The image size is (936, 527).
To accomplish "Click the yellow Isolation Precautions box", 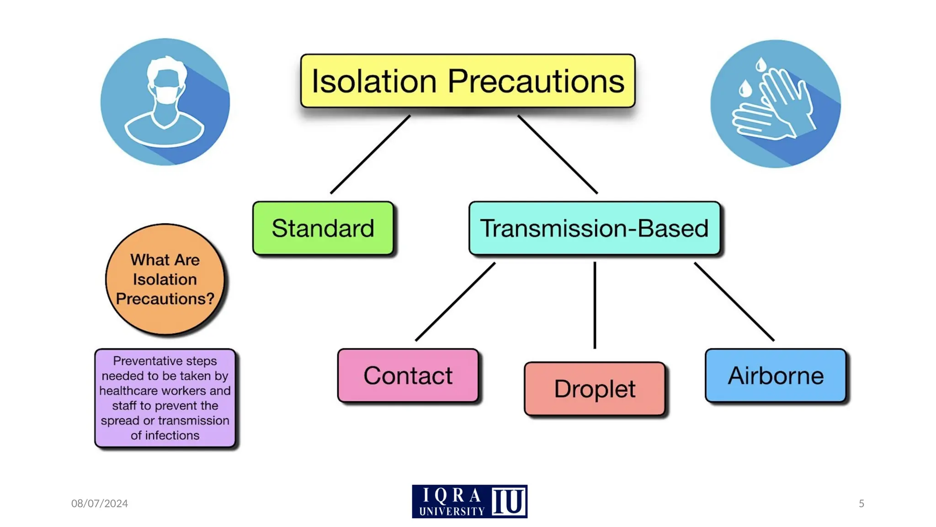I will click(x=468, y=81).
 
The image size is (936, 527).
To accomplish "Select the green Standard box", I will click(x=323, y=228).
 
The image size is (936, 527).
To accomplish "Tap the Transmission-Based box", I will click(x=594, y=228).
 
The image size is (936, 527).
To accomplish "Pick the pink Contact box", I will click(x=408, y=376).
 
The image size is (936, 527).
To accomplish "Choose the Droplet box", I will click(x=594, y=389).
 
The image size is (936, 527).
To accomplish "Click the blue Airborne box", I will click(x=776, y=376).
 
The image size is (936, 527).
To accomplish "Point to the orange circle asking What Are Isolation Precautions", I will click(x=165, y=279).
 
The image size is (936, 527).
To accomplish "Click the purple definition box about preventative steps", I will click(x=165, y=398).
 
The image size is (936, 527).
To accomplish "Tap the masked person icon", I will click(x=165, y=102).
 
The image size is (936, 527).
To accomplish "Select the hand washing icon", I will click(x=775, y=103).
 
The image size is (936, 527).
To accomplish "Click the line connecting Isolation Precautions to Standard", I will click(x=370, y=155).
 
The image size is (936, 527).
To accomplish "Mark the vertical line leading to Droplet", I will click(x=595, y=305).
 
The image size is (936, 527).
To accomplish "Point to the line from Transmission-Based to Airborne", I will click(x=734, y=301).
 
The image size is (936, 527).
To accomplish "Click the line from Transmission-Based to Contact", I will click(x=455, y=301).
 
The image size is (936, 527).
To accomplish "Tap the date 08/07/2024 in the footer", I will click(x=99, y=503).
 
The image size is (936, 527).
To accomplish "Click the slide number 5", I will click(x=861, y=503).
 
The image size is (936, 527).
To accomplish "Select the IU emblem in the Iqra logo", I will click(x=509, y=502).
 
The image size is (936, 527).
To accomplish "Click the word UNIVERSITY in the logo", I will click(x=452, y=511).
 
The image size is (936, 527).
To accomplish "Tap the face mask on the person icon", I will click(x=166, y=94).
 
